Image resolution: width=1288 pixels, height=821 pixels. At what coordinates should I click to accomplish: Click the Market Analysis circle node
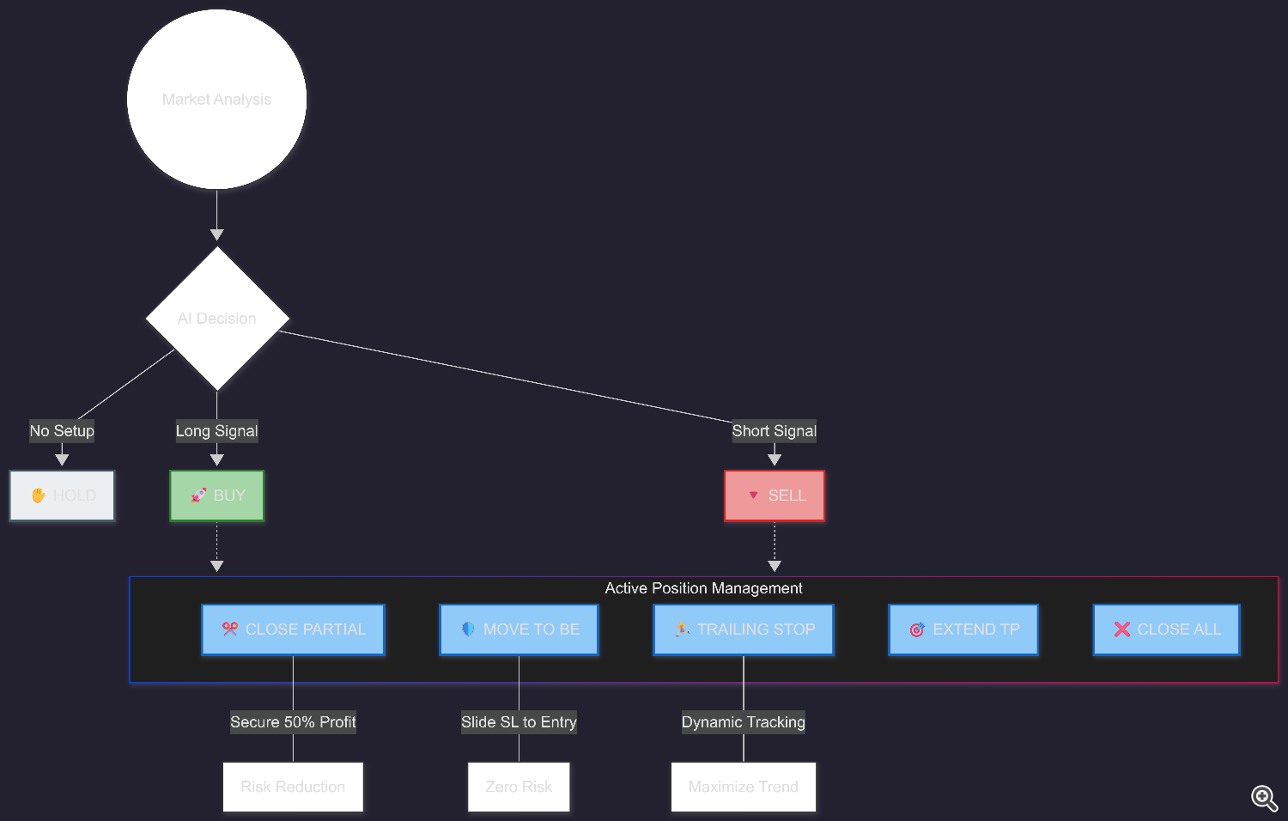(x=216, y=100)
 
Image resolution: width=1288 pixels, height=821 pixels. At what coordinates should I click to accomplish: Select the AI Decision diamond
(x=217, y=319)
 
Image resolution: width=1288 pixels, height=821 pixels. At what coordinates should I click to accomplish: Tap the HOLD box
(x=62, y=496)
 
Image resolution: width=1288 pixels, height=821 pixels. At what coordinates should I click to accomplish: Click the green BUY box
(x=217, y=496)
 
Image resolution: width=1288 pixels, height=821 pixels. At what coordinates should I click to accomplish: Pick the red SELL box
(x=775, y=496)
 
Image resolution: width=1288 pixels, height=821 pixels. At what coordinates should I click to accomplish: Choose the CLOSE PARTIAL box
(x=293, y=629)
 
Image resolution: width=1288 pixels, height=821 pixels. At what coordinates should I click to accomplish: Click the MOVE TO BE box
(x=519, y=629)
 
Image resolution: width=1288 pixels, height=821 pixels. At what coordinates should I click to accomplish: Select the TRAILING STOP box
(x=744, y=629)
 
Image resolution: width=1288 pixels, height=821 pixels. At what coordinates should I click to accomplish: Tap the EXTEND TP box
(x=963, y=629)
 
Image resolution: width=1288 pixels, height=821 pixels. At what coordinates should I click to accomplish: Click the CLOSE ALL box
(x=1166, y=629)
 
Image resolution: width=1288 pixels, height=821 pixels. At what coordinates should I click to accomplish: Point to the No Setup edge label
(x=62, y=431)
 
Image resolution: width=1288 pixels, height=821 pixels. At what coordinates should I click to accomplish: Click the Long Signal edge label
(x=217, y=431)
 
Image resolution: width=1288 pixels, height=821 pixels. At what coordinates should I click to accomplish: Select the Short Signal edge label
(x=775, y=431)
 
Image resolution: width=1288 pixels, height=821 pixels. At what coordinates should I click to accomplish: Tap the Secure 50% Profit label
(x=293, y=722)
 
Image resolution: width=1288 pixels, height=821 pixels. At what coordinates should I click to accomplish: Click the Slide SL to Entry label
(x=519, y=722)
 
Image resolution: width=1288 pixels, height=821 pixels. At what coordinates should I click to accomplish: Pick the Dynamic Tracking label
(x=744, y=722)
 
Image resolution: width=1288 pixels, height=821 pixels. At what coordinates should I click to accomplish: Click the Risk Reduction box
(x=293, y=787)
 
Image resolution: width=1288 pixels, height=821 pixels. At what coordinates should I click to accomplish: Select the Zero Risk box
(x=519, y=787)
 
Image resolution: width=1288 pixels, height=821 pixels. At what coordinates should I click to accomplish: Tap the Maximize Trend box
(x=744, y=787)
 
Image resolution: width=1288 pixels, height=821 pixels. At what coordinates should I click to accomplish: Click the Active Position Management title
(x=703, y=588)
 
